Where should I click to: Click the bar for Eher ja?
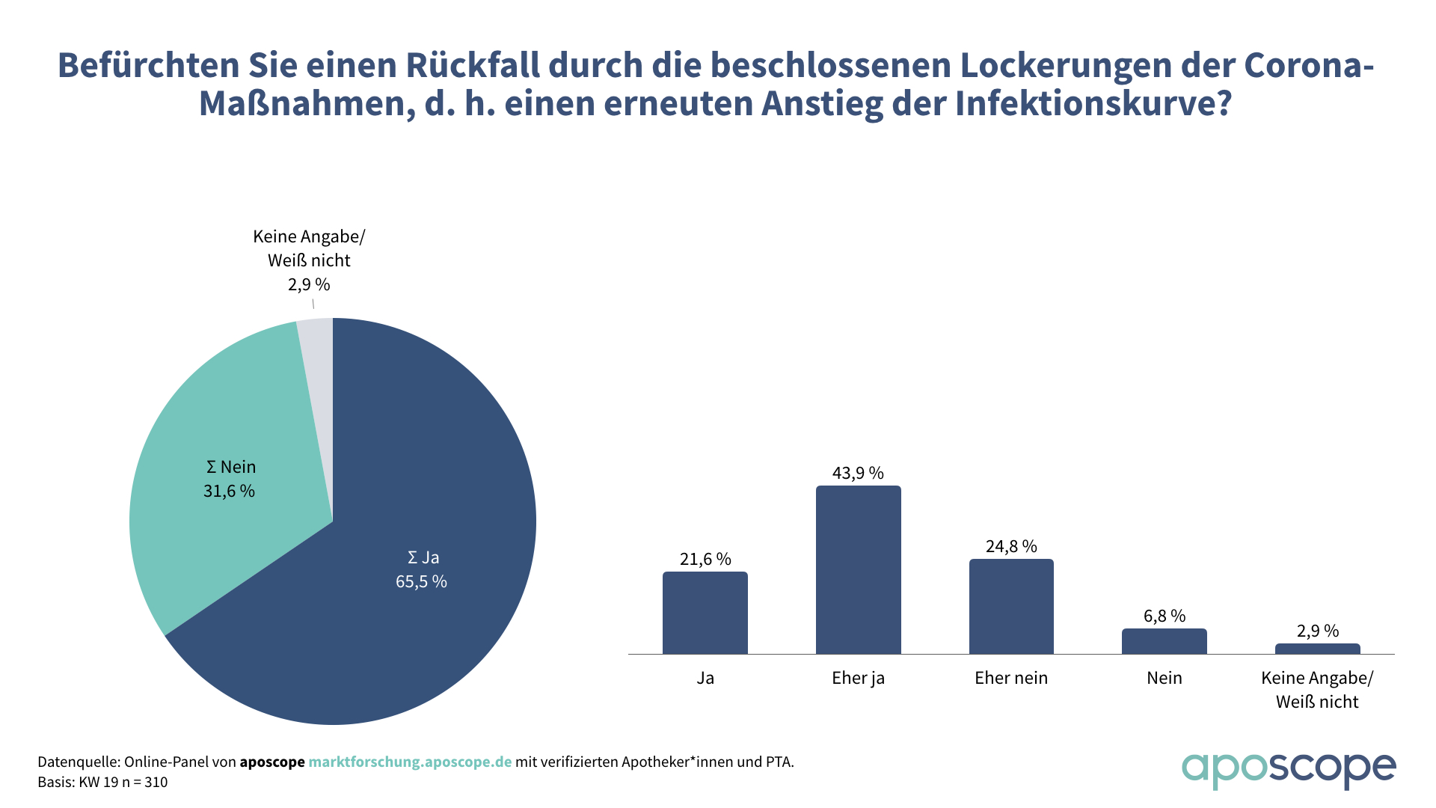[x=858, y=570]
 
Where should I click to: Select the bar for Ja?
[x=705, y=613]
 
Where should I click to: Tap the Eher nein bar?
[x=1011, y=607]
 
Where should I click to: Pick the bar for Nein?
[x=1164, y=641]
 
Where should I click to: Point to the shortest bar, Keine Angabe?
[x=1317, y=649]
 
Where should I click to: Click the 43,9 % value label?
[x=858, y=473]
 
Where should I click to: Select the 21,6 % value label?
[x=705, y=559]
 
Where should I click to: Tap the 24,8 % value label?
[x=1011, y=546]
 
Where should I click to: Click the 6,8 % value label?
[x=1164, y=616]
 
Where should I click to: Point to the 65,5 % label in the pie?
[x=421, y=581]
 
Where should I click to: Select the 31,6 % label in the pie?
[x=229, y=491]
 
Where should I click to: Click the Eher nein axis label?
[x=1011, y=678]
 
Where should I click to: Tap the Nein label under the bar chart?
[x=1164, y=678]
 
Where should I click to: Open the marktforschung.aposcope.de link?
[x=410, y=762]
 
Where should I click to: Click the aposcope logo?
[x=1288, y=769]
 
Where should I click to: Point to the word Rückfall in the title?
[x=473, y=65]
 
